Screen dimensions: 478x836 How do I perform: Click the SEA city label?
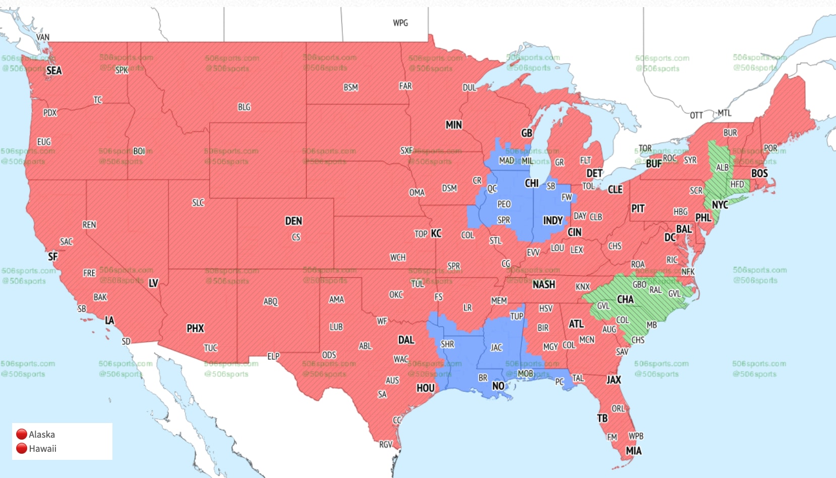tap(54, 71)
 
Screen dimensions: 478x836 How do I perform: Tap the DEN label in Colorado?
tap(293, 221)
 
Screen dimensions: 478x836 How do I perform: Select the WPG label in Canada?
tap(400, 23)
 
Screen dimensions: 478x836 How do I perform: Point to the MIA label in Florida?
tap(634, 451)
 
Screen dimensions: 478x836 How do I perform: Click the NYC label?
tap(720, 205)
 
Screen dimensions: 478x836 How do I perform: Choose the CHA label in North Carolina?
tap(625, 300)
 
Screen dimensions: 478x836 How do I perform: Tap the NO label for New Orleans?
tap(498, 386)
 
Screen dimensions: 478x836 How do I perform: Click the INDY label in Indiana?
tap(553, 221)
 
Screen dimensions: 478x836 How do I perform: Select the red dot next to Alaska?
tap(22, 434)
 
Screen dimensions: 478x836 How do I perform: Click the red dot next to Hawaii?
tap(22, 448)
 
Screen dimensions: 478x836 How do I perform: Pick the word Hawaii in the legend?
tap(43, 448)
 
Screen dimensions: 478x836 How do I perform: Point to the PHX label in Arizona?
tap(195, 329)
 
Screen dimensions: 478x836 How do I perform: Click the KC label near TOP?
tap(436, 233)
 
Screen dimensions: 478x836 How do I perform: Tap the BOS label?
tap(759, 173)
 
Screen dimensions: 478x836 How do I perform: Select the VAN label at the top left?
tap(43, 37)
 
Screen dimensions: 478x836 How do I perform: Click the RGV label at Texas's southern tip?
tap(386, 445)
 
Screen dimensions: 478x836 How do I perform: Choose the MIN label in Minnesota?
tap(454, 125)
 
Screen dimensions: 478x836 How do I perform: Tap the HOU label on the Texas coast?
tap(425, 388)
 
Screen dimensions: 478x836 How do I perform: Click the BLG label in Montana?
tap(244, 107)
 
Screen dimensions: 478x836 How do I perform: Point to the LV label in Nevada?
tap(153, 283)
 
